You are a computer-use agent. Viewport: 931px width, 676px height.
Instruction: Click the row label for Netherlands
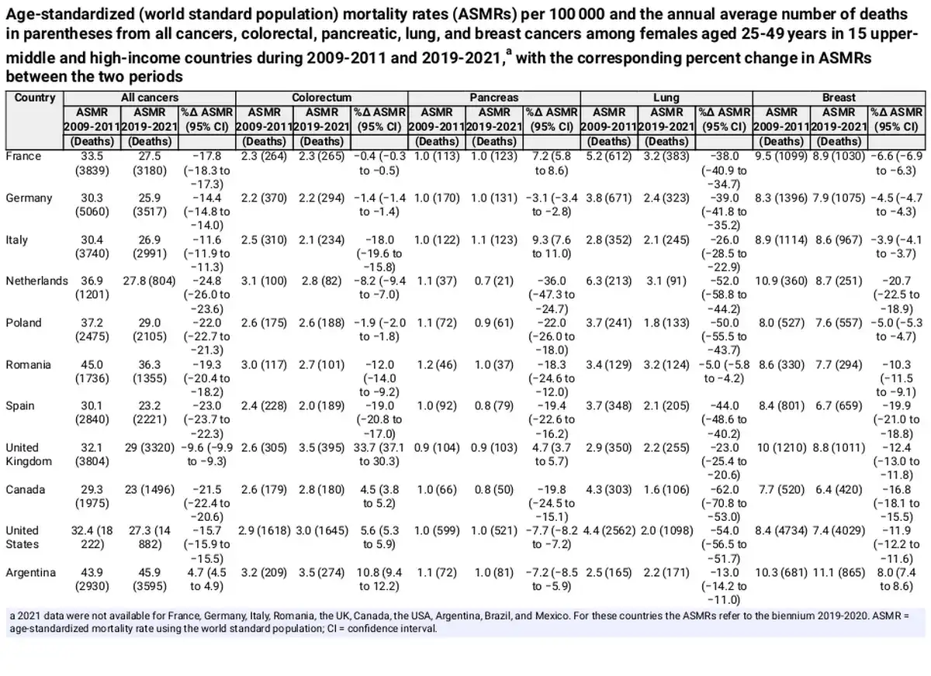pyautogui.click(x=36, y=281)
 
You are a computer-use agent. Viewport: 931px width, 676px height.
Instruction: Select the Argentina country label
pyautogui.click(x=31, y=573)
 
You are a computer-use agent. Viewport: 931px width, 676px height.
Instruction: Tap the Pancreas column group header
pyautogui.click(x=493, y=98)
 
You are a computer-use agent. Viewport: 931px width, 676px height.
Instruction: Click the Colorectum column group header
pyautogui.click(x=321, y=98)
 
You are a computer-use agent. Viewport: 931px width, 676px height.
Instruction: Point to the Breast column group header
pyautogui.click(x=839, y=98)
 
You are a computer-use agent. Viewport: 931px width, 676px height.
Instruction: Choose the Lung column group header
pyautogui.click(x=666, y=98)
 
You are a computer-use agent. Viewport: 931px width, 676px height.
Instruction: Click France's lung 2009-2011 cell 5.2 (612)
pyautogui.click(x=609, y=157)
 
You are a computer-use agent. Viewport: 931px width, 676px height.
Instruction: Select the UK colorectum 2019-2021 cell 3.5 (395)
pyautogui.click(x=321, y=448)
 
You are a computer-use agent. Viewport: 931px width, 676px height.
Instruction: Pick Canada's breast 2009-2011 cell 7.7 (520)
pyautogui.click(x=781, y=490)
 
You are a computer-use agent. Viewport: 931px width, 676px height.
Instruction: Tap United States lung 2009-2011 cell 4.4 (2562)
pyautogui.click(x=609, y=531)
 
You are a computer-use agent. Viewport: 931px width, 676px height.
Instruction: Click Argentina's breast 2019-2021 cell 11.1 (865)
pyautogui.click(x=839, y=573)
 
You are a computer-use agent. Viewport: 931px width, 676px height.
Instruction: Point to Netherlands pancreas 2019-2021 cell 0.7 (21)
pyautogui.click(x=493, y=281)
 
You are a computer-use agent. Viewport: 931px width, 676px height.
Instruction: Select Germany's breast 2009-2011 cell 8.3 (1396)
pyautogui.click(x=781, y=198)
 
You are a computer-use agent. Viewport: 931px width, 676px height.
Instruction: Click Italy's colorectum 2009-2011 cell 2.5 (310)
pyautogui.click(x=264, y=240)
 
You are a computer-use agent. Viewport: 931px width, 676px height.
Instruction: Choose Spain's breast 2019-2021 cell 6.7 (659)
pyautogui.click(x=839, y=405)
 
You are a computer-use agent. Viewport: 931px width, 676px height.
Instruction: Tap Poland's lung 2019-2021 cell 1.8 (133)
pyautogui.click(x=666, y=323)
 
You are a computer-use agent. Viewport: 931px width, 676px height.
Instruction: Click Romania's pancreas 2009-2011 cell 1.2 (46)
pyautogui.click(x=436, y=365)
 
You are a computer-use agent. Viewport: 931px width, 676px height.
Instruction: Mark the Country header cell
pyautogui.click(x=34, y=98)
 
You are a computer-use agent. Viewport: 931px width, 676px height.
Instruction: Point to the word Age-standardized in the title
pyautogui.click(x=70, y=15)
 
